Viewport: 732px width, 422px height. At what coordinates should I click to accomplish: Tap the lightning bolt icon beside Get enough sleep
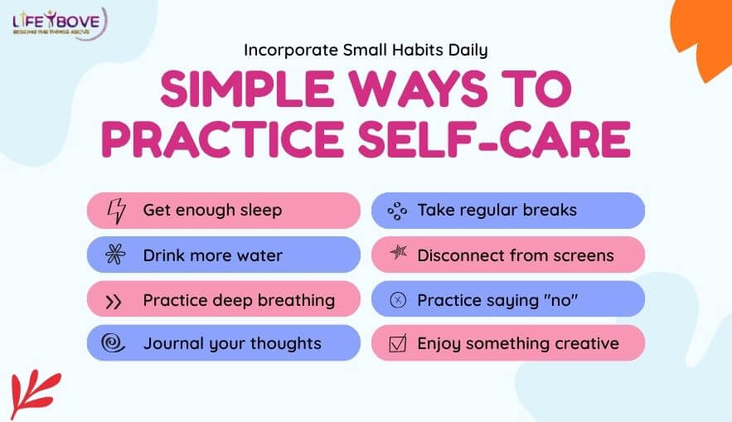[x=115, y=211]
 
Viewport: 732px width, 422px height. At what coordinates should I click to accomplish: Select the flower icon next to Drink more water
[x=115, y=255]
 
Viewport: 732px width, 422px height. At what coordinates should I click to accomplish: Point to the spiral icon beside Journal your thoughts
[x=114, y=343]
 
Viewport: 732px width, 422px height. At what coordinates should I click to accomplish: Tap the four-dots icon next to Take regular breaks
[x=398, y=211]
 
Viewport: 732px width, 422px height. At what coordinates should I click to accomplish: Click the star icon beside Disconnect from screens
[x=398, y=254]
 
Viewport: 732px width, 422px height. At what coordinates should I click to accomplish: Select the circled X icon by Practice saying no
[x=398, y=300]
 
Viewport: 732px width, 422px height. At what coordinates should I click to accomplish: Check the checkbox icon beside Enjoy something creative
[x=398, y=343]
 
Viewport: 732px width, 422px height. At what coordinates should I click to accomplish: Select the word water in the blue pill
[x=257, y=255]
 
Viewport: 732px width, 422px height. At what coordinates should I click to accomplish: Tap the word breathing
[x=293, y=300]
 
